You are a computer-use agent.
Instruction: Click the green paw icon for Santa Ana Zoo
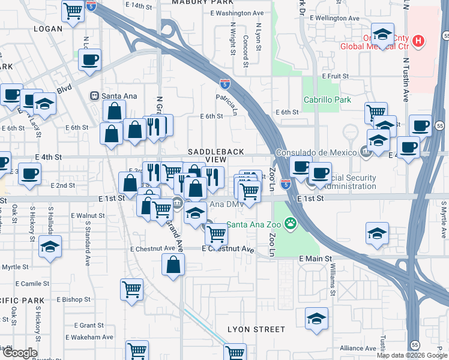[x=291, y=224]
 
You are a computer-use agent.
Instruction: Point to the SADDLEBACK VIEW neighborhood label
[x=207, y=156]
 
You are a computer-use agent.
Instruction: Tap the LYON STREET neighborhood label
[x=256, y=329]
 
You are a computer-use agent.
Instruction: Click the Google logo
[x=20, y=353]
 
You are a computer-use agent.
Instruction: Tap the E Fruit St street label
[x=335, y=76]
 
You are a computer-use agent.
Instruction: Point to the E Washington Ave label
[x=237, y=13]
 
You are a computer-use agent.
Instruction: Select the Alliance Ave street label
[x=358, y=348]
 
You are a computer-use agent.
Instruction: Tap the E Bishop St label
[x=74, y=299]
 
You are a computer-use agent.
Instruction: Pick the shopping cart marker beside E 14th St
[x=73, y=10]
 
